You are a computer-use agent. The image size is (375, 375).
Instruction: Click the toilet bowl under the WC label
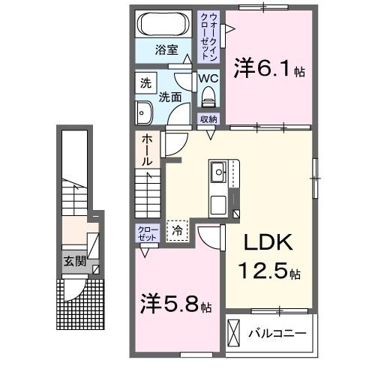pyautogui.click(x=208, y=96)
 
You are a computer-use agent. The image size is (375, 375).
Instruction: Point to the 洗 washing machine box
pyautogui.click(x=145, y=82)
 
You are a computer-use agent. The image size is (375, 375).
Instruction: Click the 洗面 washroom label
pyautogui.click(x=169, y=96)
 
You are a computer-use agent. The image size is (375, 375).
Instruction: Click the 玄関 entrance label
pyautogui.click(x=73, y=262)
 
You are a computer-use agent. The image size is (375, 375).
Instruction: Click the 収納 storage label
pyautogui.click(x=208, y=118)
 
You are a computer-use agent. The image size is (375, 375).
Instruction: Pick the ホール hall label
pyautogui.click(x=147, y=151)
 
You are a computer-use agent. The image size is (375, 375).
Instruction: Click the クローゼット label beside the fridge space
pyautogui.click(x=146, y=232)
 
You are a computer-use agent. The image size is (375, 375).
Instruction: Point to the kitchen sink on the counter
pyautogui.click(x=219, y=172)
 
